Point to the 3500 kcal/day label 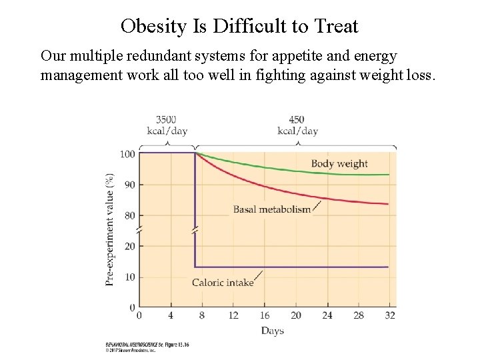pyautogui.click(x=166, y=125)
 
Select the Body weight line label pyautogui.click(x=339, y=163)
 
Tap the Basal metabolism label pyautogui.click(x=272, y=209)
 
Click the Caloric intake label pyautogui.click(x=223, y=283)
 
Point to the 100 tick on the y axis pyautogui.click(x=127, y=154)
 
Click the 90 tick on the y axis pyautogui.click(x=129, y=185)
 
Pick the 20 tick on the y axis pyautogui.click(x=129, y=246)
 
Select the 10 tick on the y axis pyautogui.click(x=129, y=277)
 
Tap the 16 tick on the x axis pyautogui.click(x=265, y=315)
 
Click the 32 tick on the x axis pyautogui.click(x=389, y=315)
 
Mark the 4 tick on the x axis pyautogui.click(x=171, y=315)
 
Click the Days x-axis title pyautogui.click(x=272, y=331)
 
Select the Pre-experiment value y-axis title pyautogui.click(x=109, y=230)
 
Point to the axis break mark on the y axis pyautogui.click(x=139, y=231)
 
